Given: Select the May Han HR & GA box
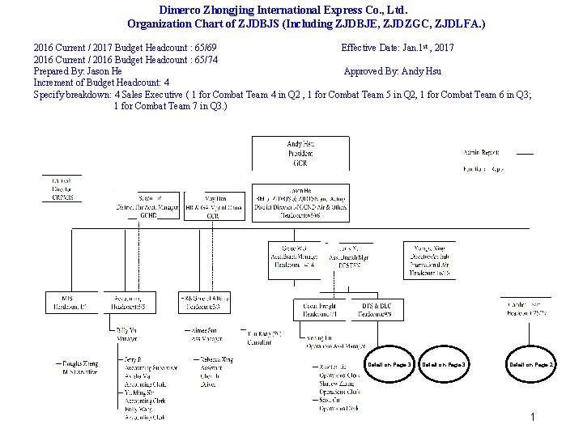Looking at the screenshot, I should pyautogui.click(x=214, y=206).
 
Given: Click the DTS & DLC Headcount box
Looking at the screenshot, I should pyautogui.click(x=376, y=310).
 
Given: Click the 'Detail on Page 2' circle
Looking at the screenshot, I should pyautogui.click(x=531, y=364).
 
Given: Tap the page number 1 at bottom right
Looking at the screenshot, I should pyautogui.click(x=533, y=417).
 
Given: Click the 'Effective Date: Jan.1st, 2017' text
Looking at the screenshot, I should pyautogui.click(x=398, y=48).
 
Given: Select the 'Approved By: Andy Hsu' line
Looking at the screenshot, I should pyautogui.click(x=392, y=71).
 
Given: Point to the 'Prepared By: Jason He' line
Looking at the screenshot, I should pyautogui.click(x=78, y=71).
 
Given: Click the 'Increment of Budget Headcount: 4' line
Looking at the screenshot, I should pyautogui.click(x=101, y=83).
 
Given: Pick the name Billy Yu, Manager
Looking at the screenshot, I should pyautogui.click(x=128, y=334).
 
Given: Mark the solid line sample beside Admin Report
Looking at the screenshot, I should pyautogui.click(x=525, y=153).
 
